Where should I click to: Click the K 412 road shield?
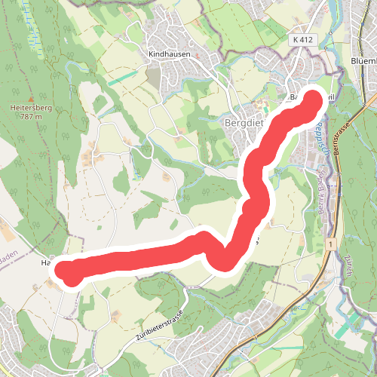point(304,38)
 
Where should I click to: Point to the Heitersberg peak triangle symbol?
point(30,99)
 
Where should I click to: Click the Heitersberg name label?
point(30,109)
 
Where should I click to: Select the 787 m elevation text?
point(30,117)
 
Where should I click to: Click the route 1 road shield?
point(330,245)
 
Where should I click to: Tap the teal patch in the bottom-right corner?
point(348,325)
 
